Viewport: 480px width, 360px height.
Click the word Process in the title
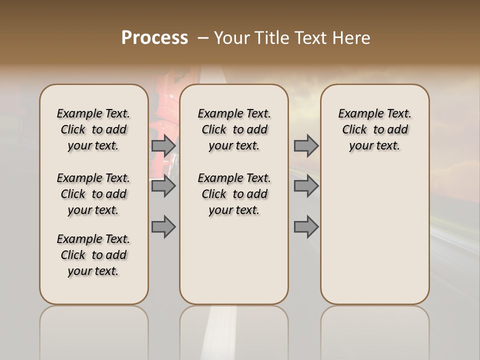pyautogui.click(x=154, y=37)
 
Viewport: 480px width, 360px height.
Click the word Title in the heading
pyautogui.click(x=272, y=38)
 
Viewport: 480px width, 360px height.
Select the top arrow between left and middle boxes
pyautogui.click(x=163, y=146)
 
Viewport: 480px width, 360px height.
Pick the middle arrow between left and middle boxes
pyautogui.click(x=163, y=186)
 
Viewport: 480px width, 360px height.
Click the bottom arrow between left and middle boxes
pyautogui.click(x=163, y=226)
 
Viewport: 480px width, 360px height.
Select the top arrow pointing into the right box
pyautogui.click(x=306, y=146)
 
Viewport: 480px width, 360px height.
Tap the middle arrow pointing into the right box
pyautogui.click(x=306, y=186)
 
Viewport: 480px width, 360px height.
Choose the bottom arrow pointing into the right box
pyautogui.click(x=306, y=226)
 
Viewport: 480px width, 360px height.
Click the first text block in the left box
pyautogui.click(x=93, y=129)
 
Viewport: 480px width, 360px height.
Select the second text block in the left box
pyautogui.click(x=93, y=194)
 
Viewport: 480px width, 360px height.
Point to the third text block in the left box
pyautogui.click(x=93, y=255)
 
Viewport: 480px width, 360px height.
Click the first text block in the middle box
pyautogui.click(x=234, y=129)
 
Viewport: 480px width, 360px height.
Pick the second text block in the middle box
pyautogui.click(x=234, y=194)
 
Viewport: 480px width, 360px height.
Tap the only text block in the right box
pyautogui.click(x=374, y=129)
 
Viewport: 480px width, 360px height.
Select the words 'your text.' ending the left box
pyautogui.click(x=93, y=271)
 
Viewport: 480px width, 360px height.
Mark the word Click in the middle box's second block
pyautogui.click(x=214, y=194)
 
